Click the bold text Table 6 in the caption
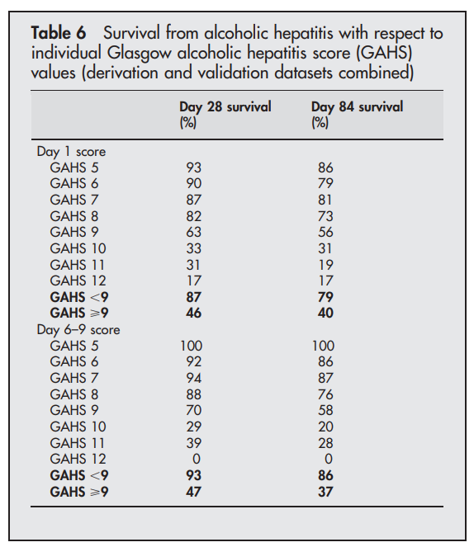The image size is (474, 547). tap(59, 34)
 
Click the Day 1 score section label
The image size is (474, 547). tap(71, 152)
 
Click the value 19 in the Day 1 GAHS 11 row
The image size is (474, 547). tap(325, 265)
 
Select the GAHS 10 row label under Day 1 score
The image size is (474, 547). tap(78, 248)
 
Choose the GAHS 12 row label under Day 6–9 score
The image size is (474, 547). tap(78, 459)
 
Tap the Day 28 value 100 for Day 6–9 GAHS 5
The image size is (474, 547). tap(192, 346)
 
